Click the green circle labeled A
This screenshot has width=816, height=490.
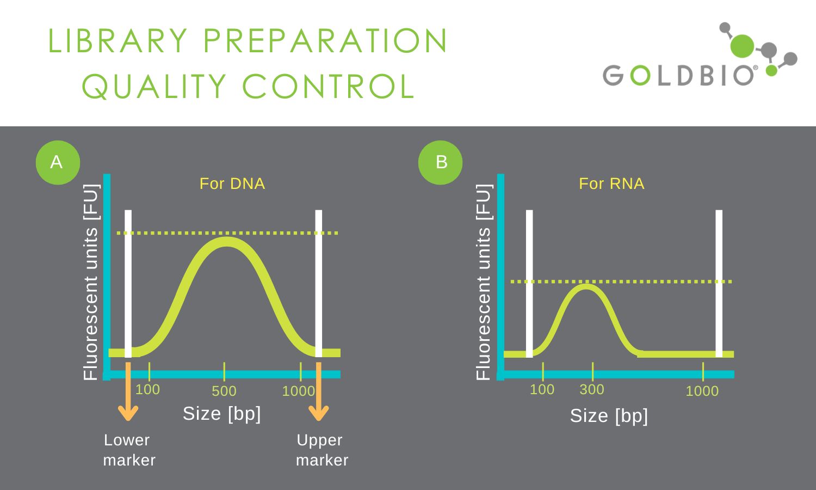pos(58,163)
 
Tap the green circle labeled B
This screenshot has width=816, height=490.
pos(441,163)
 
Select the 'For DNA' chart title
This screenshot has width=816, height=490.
pos(232,183)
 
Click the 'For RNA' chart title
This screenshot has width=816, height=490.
pos(611,183)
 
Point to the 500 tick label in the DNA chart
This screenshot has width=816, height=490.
pos(224,391)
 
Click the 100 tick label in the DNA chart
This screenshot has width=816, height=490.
pos(147,389)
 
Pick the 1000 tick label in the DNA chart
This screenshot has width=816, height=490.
pos(298,391)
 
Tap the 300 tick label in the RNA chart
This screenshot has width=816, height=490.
pos(592,389)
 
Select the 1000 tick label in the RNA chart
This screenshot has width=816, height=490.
pos(702,391)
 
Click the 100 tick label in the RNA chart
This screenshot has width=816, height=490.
pos(542,389)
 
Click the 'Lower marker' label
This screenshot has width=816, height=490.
pos(129,450)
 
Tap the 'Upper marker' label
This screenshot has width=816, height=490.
pos(322,450)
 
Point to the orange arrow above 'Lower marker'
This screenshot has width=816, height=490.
pos(128,391)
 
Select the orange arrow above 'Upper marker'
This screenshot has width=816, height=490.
pos(318,391)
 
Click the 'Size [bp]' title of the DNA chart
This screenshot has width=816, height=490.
pos(222,414)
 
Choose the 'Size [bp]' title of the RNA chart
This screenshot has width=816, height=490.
pos(609,416)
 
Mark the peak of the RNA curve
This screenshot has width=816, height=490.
pos(586,286)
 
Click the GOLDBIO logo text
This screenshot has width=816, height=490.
pos(678,76)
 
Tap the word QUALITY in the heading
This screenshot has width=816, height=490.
pos(154,87)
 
